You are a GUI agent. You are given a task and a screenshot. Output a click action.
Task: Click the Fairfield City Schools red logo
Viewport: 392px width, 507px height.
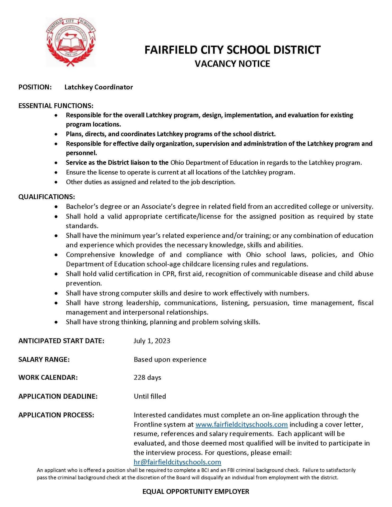click(x=71, y=42)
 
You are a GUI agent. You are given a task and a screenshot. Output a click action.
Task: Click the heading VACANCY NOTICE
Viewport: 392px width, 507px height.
click(x=232, y=64)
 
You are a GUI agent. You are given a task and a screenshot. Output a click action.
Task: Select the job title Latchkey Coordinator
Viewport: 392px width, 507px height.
click(x=99, y=87)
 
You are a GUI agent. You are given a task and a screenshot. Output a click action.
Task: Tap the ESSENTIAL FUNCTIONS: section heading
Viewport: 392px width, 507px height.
click(x=56, y=106)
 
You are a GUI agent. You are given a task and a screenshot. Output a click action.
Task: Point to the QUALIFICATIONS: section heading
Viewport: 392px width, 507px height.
click(x=46, y=197)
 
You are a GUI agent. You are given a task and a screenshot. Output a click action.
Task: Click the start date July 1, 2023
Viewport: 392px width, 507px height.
click(x=152, y=341)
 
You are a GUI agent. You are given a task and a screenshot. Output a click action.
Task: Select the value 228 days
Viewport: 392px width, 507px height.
click(x=147, y=377)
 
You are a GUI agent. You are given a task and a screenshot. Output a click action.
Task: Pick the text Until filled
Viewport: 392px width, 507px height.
click(x=150, y=396)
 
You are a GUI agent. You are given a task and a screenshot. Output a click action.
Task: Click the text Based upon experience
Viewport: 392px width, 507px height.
click(x=170, y=359)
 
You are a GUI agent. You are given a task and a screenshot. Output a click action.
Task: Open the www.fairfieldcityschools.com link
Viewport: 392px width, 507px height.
click(x=241, y=424)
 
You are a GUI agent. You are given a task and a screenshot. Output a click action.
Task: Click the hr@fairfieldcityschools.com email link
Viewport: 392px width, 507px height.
click(x=177, y=462)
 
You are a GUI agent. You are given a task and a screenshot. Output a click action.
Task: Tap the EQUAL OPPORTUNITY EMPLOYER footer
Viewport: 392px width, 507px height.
click(x=196, y=491)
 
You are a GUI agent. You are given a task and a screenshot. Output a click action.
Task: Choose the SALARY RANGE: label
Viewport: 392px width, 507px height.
click(x=44, y=359)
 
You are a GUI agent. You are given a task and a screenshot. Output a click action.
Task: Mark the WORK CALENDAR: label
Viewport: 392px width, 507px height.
click(x=48, y=377)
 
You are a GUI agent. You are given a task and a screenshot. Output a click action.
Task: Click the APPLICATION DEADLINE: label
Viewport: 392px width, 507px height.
click(x=58, y=396)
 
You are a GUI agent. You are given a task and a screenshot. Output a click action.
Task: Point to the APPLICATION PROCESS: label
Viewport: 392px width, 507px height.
click(x=56, y=415)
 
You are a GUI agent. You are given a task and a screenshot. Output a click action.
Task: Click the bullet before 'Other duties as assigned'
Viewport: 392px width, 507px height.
click(x=55, y=182)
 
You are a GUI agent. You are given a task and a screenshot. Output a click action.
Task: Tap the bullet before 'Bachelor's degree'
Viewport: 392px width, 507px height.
click(x=55, y=206)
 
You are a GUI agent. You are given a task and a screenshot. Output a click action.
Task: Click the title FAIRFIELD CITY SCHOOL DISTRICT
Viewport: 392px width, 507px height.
click(x=232, y=50)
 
